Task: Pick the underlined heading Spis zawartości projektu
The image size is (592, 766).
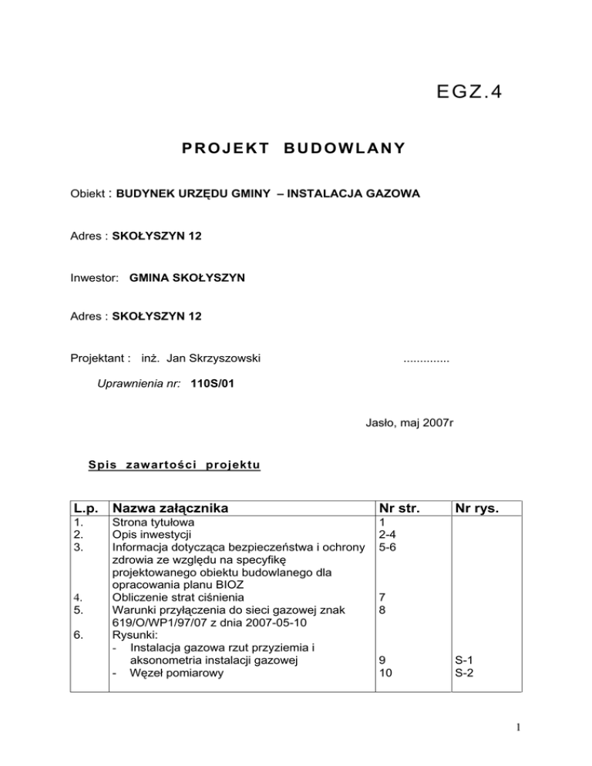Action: pos(174,465)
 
